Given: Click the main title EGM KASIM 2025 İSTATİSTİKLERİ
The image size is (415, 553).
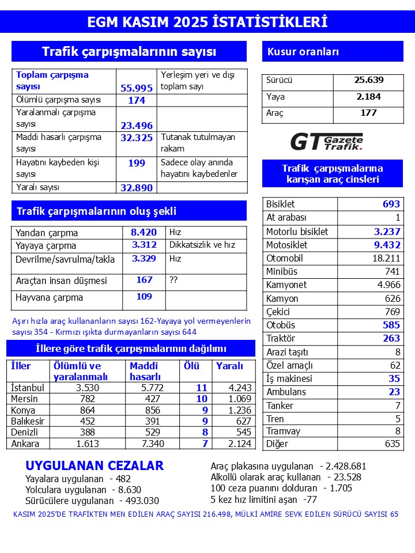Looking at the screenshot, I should [207, 22].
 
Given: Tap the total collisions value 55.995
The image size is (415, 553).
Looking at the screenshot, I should [137, 88].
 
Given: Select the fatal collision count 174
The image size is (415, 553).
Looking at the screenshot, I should [137, 100].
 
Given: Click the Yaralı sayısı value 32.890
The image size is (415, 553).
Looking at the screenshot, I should [137, 187].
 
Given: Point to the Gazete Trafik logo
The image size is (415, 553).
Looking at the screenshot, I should [326, 141].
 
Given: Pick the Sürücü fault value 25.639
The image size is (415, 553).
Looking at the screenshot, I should [368, 81].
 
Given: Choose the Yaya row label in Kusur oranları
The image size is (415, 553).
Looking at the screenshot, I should [276, 97].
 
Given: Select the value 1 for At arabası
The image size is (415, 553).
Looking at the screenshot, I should [397, 218].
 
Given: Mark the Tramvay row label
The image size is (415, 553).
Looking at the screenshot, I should [283, 431].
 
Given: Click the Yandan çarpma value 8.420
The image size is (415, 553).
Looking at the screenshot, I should [144, 232].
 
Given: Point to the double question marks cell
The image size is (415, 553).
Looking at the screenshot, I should [173, 280].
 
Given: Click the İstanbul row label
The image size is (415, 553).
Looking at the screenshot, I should [28, 388].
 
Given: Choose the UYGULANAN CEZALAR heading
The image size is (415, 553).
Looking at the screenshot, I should [95, 465].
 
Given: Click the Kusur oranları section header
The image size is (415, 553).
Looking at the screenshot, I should [303, 52].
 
